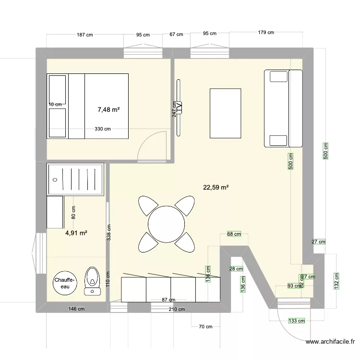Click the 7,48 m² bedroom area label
point(108,109)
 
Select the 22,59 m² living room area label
point(216,188)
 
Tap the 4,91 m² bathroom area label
point(76,233)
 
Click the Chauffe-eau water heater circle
point(64,283)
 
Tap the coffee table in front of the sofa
point(225,113)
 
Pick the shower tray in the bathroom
point(75,179)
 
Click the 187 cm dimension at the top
point(84,35)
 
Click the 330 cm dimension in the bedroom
point(102,129)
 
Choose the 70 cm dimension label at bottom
point(205,327)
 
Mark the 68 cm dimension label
point(234,234)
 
